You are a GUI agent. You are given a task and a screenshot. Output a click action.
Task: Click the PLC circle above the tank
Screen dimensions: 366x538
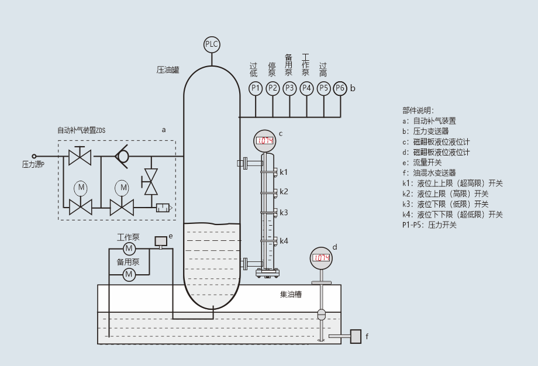(211, 44)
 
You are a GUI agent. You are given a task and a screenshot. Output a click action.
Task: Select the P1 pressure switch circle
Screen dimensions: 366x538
(255, 88)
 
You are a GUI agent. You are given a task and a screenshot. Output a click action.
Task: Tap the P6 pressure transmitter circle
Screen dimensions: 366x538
(340, 88)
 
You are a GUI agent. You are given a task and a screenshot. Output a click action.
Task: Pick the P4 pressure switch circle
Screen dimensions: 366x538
(306, 88)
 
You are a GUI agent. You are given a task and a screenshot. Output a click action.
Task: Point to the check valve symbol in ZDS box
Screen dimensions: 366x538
(122, 157)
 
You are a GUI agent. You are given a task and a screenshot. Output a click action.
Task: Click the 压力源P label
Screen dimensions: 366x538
(33, 165)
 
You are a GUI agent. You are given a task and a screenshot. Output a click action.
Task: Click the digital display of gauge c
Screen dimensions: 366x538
(265, 140)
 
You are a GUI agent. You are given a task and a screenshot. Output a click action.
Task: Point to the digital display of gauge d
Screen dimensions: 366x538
(320, 258)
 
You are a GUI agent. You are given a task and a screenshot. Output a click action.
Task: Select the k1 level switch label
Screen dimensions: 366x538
(284, 172)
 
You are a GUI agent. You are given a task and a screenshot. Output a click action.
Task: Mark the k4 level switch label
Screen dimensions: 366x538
(284, 241)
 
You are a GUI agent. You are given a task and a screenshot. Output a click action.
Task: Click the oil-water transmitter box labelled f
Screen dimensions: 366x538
(356, 336)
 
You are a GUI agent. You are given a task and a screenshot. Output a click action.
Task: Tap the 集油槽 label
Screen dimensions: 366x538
(291, 295)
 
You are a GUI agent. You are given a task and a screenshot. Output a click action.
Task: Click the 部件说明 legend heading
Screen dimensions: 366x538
(418, 110)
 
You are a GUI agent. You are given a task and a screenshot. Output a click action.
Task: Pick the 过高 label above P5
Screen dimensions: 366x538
(323, 70)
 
